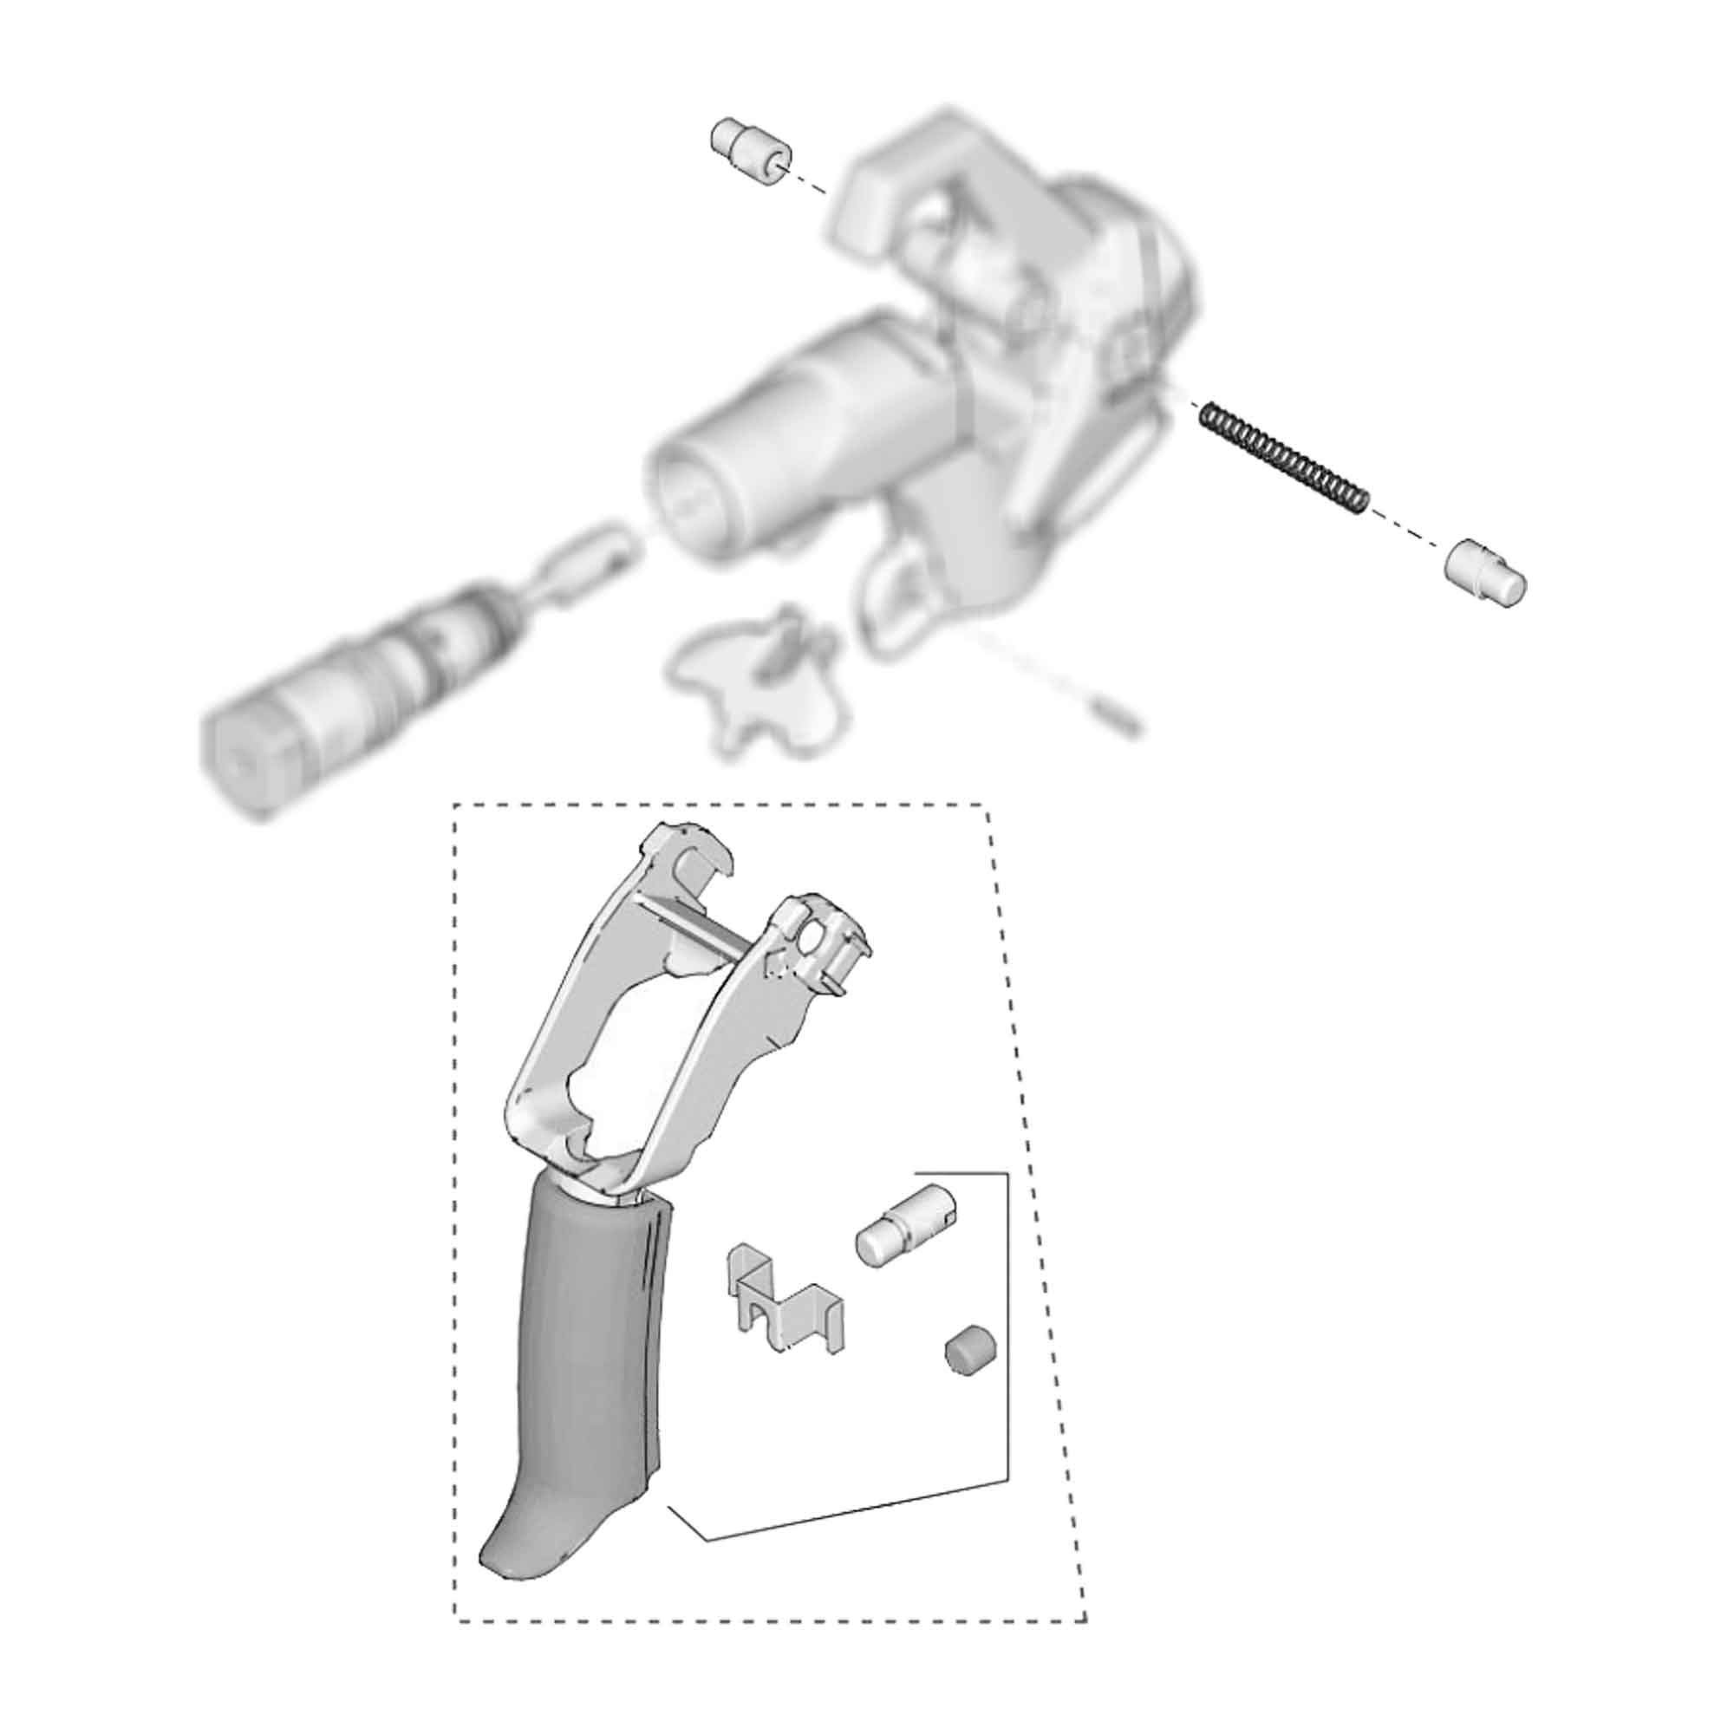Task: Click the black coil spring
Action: tap(1283, 458)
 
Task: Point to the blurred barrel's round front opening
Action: tap(691, 503)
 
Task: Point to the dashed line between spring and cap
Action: tap(1406, 537)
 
